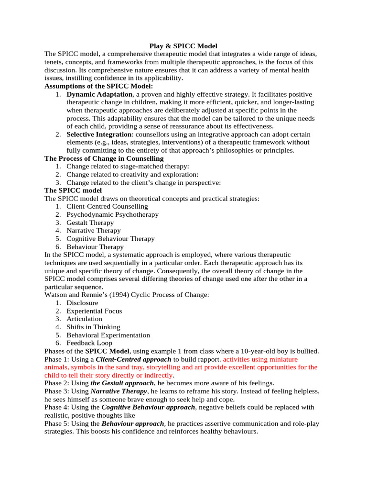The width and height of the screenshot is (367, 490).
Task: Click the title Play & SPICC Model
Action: [183, 46]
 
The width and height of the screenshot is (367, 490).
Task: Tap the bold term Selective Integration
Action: [98, 134]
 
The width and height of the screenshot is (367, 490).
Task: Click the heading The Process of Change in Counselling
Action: [104, 158]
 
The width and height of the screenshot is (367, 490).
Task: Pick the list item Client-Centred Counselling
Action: [107, 206]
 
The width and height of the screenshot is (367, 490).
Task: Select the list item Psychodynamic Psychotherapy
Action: [112, 214]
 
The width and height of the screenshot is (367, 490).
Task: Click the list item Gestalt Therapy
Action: [90, 223]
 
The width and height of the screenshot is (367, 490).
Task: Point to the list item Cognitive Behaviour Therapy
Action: [110, 238]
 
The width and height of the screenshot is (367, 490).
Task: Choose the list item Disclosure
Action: [82, 303]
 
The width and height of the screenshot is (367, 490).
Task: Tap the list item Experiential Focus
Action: [94, 311]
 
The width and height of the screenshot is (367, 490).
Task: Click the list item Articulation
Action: [84, 319]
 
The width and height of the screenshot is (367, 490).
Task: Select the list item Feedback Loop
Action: [89, 343]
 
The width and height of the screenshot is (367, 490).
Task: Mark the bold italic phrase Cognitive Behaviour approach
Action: [148, 407]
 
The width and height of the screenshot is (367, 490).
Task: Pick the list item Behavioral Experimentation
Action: [108, 335]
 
